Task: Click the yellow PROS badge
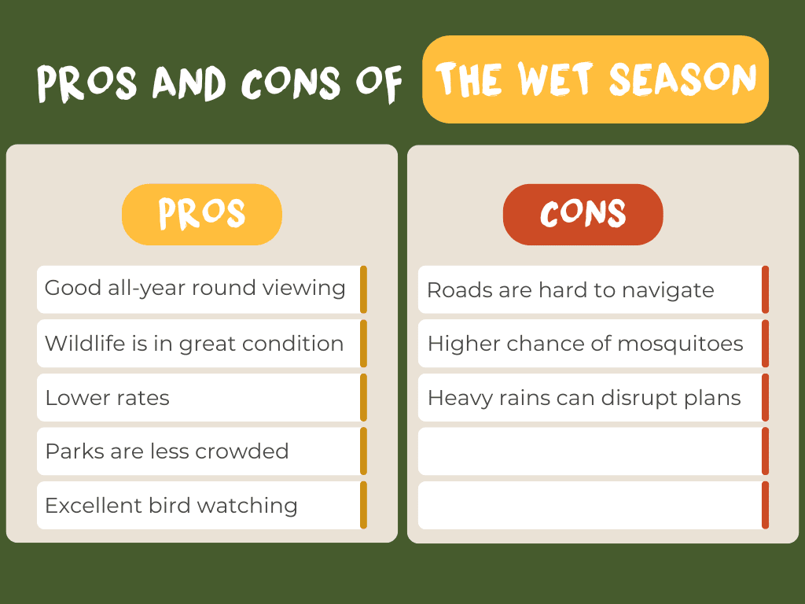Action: pyautogui.click(x=202, y=214)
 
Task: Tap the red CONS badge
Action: pyautogui.click(x=583, y=214)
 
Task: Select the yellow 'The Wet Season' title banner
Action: pyautogui.click(x=596, y=79)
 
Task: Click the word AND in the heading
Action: pyautogui.click(x=189, y=83)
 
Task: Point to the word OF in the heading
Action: pyautogui.click(x=379, y=83)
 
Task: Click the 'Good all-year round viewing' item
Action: pyautogui.click(x=195, y=288)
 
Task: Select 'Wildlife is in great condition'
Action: pyautogui.click(x=194, y=344)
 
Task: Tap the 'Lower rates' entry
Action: pyautogui.click(x=107, y=398)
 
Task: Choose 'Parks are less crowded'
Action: pyautogui.click(x=167, y=451)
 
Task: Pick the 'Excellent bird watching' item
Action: pyautogui.click(x=171, y=506)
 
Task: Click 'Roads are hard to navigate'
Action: pyautogui.click(x=571, y=290)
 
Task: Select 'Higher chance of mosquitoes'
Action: pyautogui.click(x=585, y=344)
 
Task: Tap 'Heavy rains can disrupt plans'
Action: pyautogui.click(x=584, y=398)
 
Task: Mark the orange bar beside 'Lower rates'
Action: pyautogui.click(x=363, y=397)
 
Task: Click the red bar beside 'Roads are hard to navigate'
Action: pyautogui.click(x=766, y=289)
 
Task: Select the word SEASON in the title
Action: pyautogui.click(x=683, y=79)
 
